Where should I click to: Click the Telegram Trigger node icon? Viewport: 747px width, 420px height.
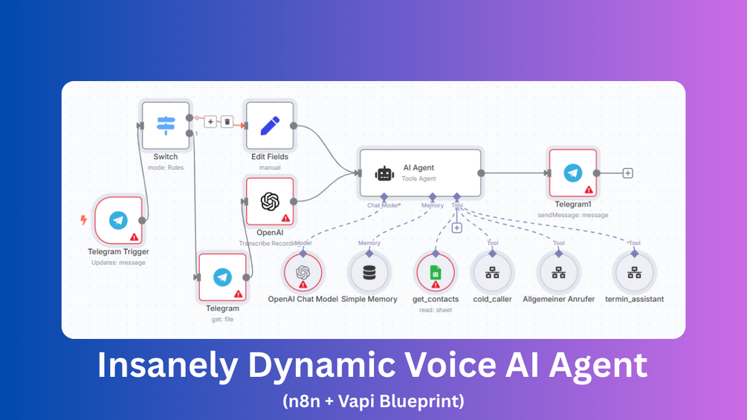click(x=118, y=220)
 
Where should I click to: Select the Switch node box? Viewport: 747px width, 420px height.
click(x=165, y=126)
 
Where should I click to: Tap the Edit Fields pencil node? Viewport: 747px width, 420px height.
click(x=269, y=126)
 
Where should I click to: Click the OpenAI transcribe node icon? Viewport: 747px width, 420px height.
click(x=269, y=201)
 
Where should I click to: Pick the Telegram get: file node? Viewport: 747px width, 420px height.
click(x=222, y=277)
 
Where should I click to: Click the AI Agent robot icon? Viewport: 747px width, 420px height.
click(x=384, y=173)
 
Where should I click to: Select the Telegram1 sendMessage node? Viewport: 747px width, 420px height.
click(x=572, y=173)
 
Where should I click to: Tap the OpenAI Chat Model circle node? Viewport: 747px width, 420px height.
click(x=303, y=273)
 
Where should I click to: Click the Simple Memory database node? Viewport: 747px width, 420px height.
click(x=369, y=273)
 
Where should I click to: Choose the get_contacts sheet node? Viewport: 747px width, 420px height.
click(x=436, y=273)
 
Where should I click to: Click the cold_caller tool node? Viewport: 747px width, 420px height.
click(x=492, y=273)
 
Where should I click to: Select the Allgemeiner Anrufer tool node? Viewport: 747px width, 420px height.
click(x=558, y=273)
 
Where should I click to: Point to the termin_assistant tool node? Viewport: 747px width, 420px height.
click(x=634, y=273)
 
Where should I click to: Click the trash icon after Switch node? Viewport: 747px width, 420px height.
click(x=227, y=121)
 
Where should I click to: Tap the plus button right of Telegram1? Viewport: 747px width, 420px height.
click(x=627, y=173)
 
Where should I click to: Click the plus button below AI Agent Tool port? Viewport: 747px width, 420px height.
click(x=457, y=228)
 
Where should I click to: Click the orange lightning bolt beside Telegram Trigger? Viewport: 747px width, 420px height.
click(x=84, y=220)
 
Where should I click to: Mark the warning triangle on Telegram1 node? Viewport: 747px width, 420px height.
click(x=589, y=190)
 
